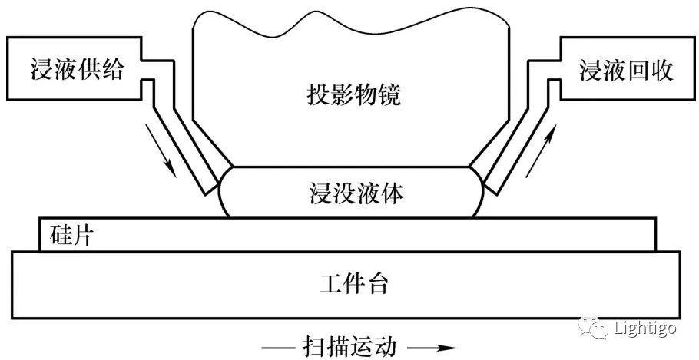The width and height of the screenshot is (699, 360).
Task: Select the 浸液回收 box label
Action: point(626,71)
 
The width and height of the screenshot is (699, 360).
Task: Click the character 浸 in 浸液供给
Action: point(37,71)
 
